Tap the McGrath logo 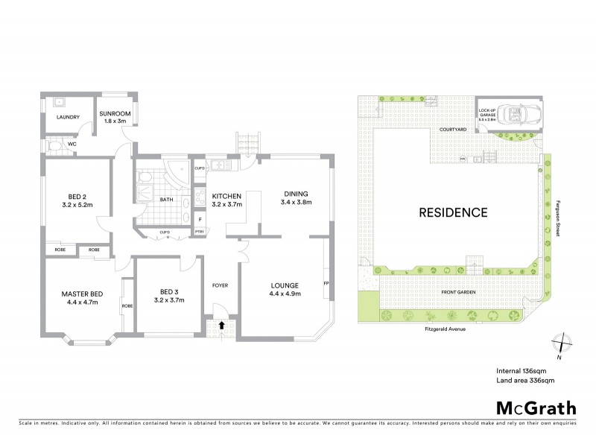[x=536, y=408]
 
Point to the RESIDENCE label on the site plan [x=454, y=212]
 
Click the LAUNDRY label [x=63, y=117]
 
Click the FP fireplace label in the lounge [x=326, y=283]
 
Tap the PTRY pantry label [x=199, y=232]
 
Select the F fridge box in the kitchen [x=199, y=219]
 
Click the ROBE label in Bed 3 [x=127, y=305]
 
